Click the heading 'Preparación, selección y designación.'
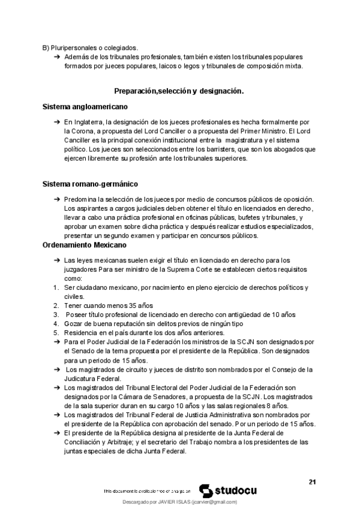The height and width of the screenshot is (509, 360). tap(178, 91)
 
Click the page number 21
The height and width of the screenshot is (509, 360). tap(312, 481)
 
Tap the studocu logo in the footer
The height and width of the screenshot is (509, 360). tap(227, 490)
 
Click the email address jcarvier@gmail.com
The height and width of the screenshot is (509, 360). tap(213, 501)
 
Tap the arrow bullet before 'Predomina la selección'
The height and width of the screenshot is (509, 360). tap(56, 199)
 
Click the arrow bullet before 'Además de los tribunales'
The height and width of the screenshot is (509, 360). tap(56, 56)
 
